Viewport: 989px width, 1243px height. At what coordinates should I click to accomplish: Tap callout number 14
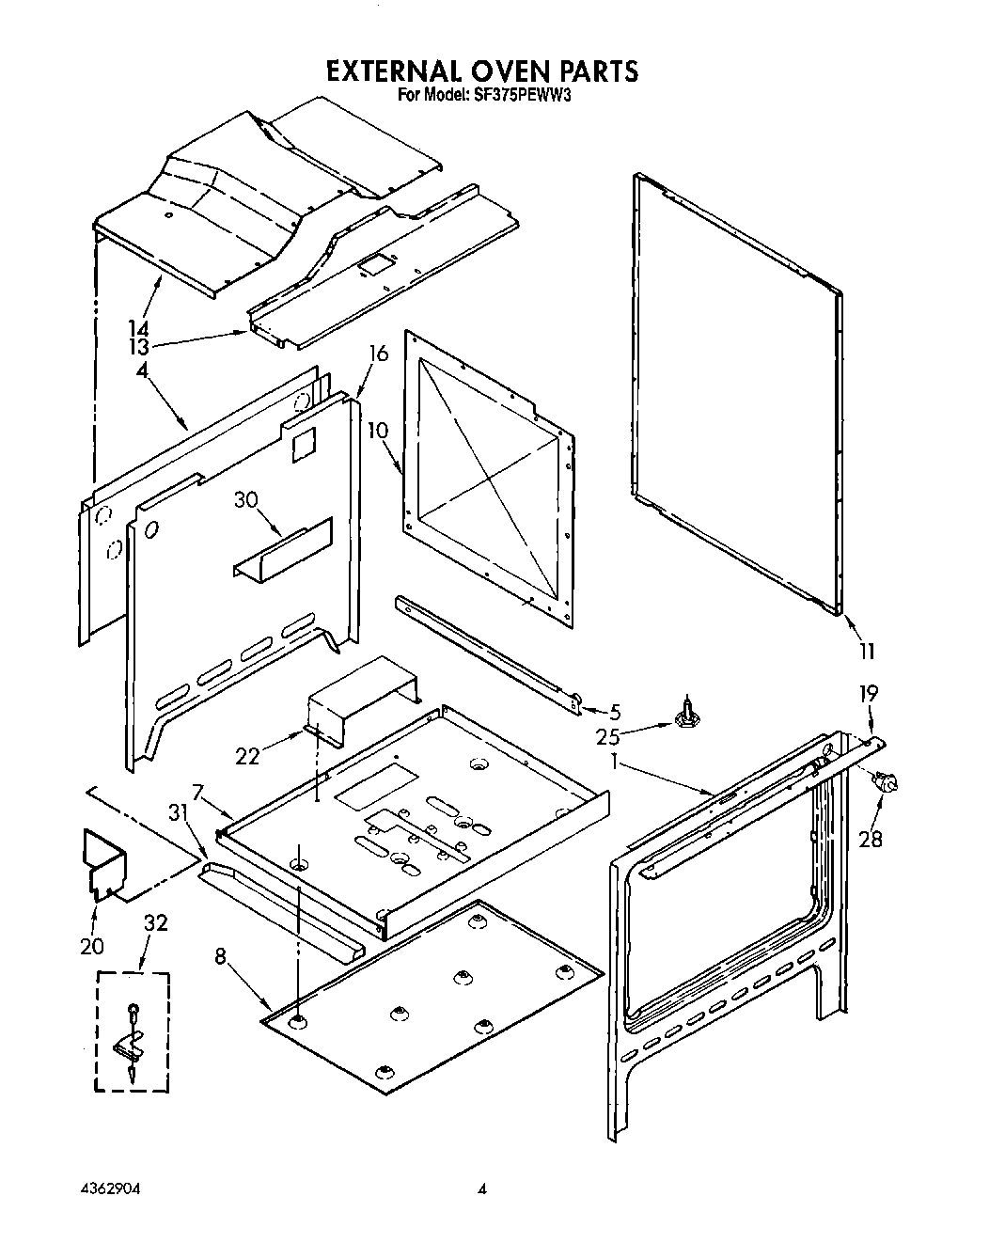click(139, 328)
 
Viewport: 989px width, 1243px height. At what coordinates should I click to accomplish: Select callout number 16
click(378, 354)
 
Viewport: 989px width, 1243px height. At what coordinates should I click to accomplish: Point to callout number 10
click(377, 431)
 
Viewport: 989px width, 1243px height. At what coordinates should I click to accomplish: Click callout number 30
click(246, 501)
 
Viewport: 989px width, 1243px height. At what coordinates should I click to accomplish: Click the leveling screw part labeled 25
click(688, 715)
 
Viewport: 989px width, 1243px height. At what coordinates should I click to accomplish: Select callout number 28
click(871, 838)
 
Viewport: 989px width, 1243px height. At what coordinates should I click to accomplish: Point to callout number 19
click(868, 694)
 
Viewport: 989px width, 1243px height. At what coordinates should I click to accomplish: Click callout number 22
click(247, 755)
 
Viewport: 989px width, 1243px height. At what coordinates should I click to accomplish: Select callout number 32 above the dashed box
click(156, 923)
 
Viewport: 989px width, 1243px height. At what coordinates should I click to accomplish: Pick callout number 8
click(220, 957)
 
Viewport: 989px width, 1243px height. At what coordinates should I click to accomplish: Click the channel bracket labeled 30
click(282, 553)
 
